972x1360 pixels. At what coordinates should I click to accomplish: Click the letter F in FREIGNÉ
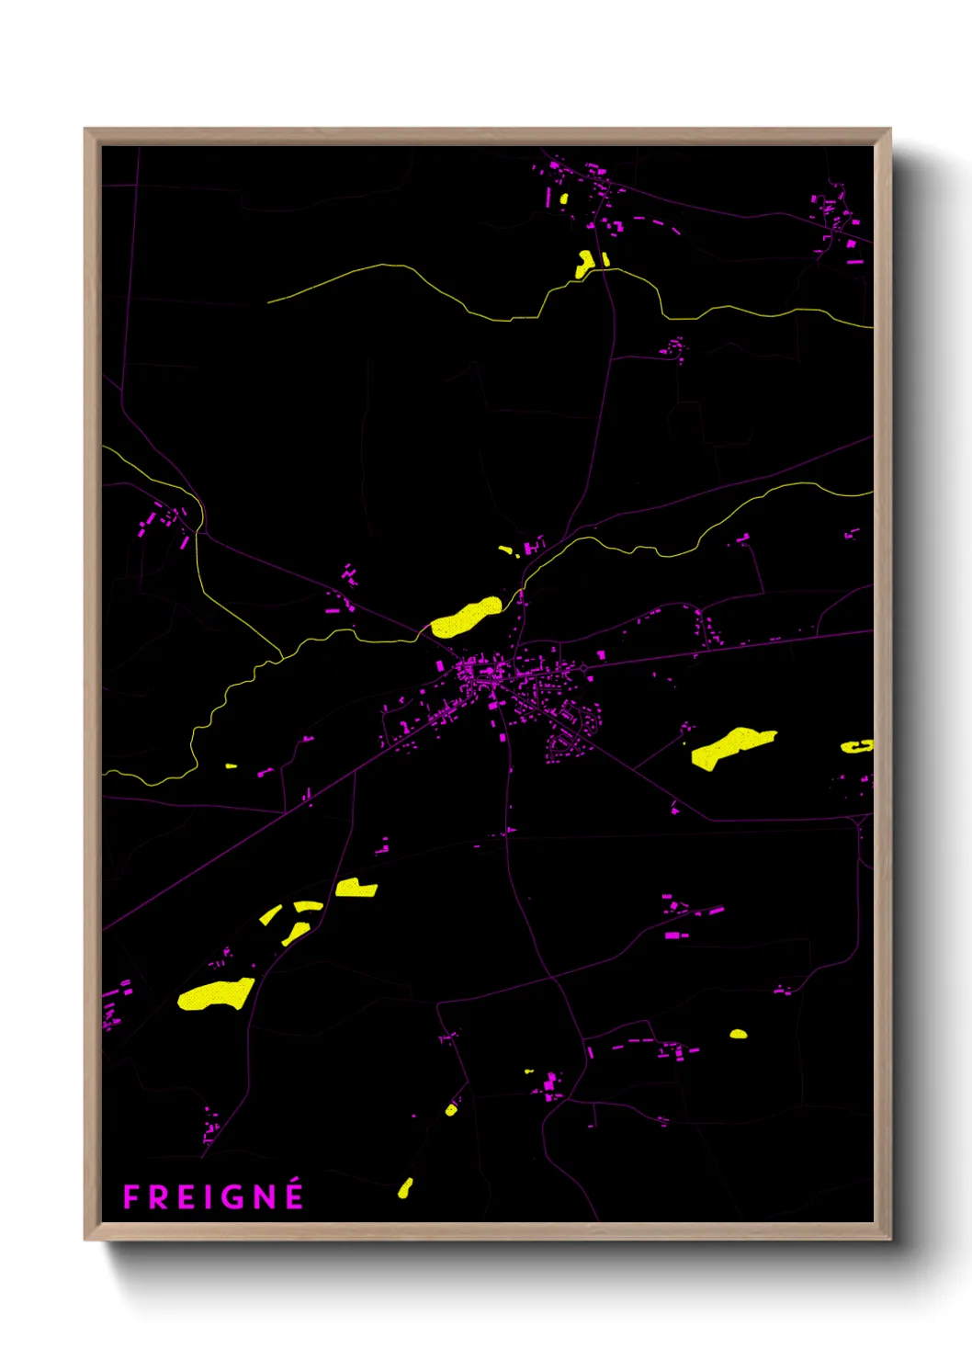pyautogui.click(x=131, y=1197)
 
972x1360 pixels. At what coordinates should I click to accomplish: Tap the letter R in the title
pyautogui.click(x=157, y=1197)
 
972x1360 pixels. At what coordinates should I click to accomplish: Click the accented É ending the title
pyautogui.click(x=294, y=1195)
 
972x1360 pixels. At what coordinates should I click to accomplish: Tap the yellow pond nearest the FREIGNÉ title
pyautogui.click(x=404, y=1187)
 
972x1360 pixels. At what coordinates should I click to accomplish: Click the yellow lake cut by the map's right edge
pyautogui.click(x=857, y=746)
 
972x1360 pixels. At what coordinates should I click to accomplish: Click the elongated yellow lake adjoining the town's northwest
pyautogui.click(x=466, y=617)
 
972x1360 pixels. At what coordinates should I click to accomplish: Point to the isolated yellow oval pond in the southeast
pyautogui.click(x=739, y=1034)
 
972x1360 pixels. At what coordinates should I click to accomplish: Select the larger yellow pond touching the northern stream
pyautogui.click(x=583, y=263)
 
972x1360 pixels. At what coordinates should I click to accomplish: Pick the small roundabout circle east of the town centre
pyautogui.click(x=582, y=667)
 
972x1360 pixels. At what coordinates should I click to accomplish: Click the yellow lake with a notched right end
pyautogui.click(x=356, y=888)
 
